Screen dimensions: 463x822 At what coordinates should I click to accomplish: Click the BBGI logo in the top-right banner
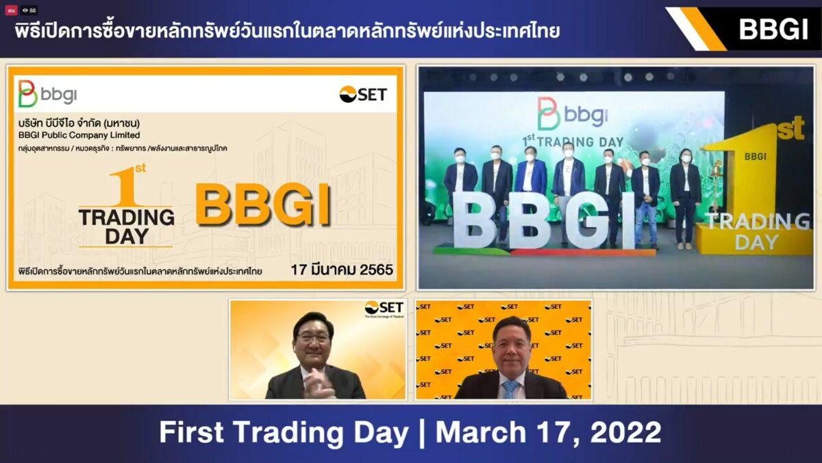[773, 29]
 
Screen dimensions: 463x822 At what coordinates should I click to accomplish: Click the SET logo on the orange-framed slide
[363, 95]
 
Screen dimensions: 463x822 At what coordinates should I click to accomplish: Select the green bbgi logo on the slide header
[47, 94]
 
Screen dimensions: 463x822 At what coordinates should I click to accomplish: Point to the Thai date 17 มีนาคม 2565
[342, 270]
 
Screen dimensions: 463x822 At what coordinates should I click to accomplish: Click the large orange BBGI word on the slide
[264, 204]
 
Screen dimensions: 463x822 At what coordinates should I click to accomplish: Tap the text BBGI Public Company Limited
[79, 135]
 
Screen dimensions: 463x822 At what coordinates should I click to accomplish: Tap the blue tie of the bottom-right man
[510, 389]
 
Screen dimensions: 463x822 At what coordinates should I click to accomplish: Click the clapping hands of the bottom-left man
[316, 384]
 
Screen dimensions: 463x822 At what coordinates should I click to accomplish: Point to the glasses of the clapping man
[313, 339]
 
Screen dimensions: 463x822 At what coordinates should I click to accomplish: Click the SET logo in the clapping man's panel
[384, 309]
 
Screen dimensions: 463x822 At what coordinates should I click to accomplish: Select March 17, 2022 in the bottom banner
[549, 433]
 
